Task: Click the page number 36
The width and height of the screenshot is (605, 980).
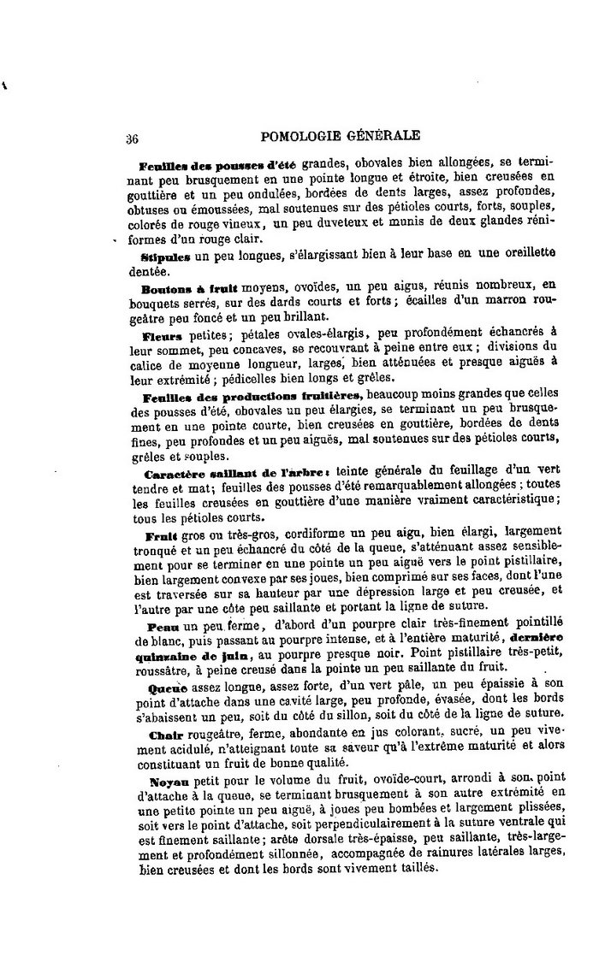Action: coord(133,137)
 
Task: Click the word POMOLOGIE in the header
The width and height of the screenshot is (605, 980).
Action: coord(296,135)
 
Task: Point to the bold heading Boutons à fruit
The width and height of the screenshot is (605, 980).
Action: coord(178,288)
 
